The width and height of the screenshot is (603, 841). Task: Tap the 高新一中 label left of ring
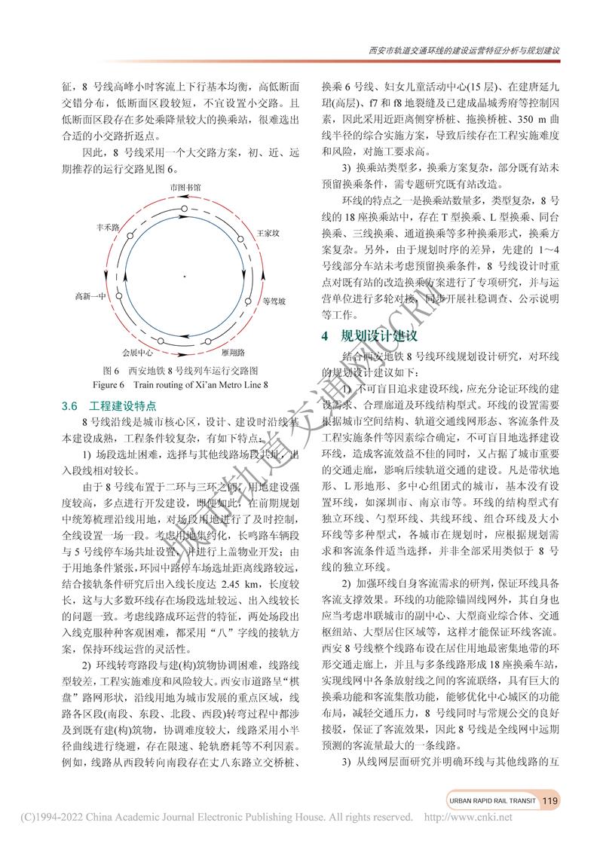coord(90,296)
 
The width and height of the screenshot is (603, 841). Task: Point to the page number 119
coord(549,800)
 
